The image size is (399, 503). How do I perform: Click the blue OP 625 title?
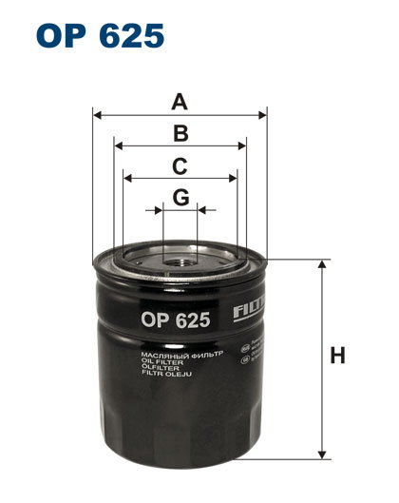[x=100, y=36]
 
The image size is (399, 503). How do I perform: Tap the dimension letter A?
[x=180, y=101]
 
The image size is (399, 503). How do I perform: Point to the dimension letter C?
[x=180, y=165]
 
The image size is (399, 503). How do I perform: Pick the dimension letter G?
[x=180, y=197]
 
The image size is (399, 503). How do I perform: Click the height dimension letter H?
[x=336, y=357]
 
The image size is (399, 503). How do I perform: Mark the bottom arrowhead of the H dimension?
[x=322, y=454]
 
